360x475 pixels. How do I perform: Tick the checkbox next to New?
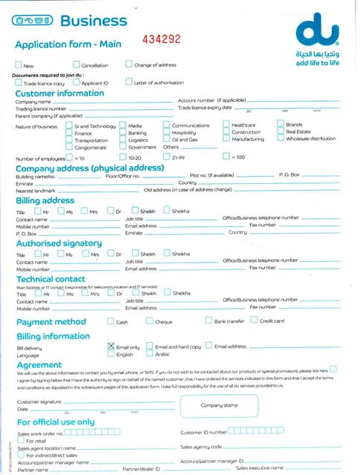(19, 65)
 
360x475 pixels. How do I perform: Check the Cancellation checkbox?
(75, 65)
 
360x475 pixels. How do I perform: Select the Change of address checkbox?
(129, 65)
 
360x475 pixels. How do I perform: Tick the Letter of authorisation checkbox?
(129, 82)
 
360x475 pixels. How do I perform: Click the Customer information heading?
(60, 94)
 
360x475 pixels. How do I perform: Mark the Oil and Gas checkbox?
(166, 139)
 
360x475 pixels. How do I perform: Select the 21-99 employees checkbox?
(166, 157)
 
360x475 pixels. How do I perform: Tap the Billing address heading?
(45, 200)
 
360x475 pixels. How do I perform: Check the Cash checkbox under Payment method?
(111, 321)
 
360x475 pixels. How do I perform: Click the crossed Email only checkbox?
(111, 346)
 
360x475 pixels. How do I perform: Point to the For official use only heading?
(56, 422)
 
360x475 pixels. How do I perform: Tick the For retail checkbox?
(21, 440)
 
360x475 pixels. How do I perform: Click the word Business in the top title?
(93, 21)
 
